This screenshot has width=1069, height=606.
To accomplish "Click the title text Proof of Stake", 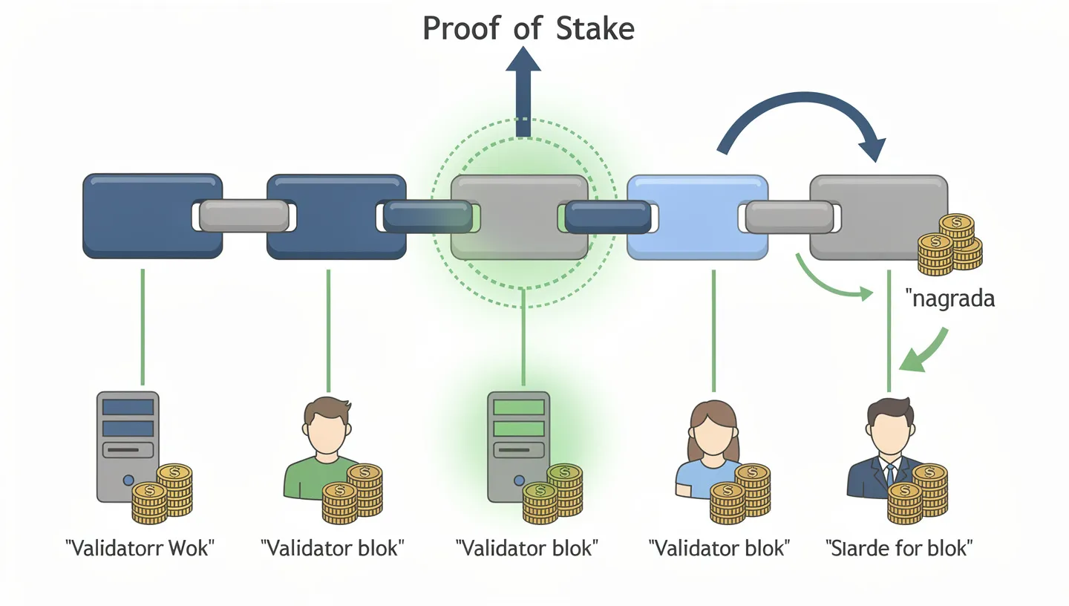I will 528,28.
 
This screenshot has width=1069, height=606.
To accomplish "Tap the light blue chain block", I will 697,216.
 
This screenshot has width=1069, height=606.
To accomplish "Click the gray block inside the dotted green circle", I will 519,216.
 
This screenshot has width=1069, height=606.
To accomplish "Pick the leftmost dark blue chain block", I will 152,216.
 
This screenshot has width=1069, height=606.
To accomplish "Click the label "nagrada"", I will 950,299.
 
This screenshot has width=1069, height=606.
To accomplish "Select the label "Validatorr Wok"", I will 140,549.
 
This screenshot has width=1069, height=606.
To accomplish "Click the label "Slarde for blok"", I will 899,549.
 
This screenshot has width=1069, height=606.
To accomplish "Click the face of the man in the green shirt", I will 327,430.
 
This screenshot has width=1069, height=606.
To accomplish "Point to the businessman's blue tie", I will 889,475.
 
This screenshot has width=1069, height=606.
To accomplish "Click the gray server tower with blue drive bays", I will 128,446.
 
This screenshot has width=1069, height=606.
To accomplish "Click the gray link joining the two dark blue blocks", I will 244,216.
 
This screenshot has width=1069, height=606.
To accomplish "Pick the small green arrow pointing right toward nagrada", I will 831,282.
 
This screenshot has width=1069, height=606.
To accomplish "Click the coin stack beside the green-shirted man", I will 353,494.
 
